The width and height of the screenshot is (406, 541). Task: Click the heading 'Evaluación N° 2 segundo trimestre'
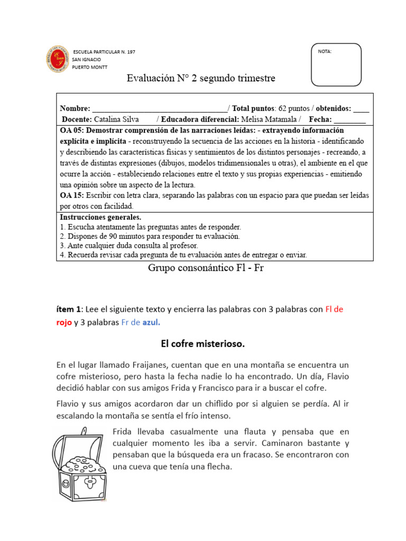point(201,79)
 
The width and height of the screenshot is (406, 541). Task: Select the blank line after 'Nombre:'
point(160,109)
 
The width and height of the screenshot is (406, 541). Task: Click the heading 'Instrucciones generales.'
point(100,217)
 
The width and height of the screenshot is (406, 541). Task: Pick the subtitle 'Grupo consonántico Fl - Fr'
point(206,268)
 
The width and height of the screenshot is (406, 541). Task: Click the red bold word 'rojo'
point(64,322)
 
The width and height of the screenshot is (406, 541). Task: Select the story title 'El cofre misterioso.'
point(203,344)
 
